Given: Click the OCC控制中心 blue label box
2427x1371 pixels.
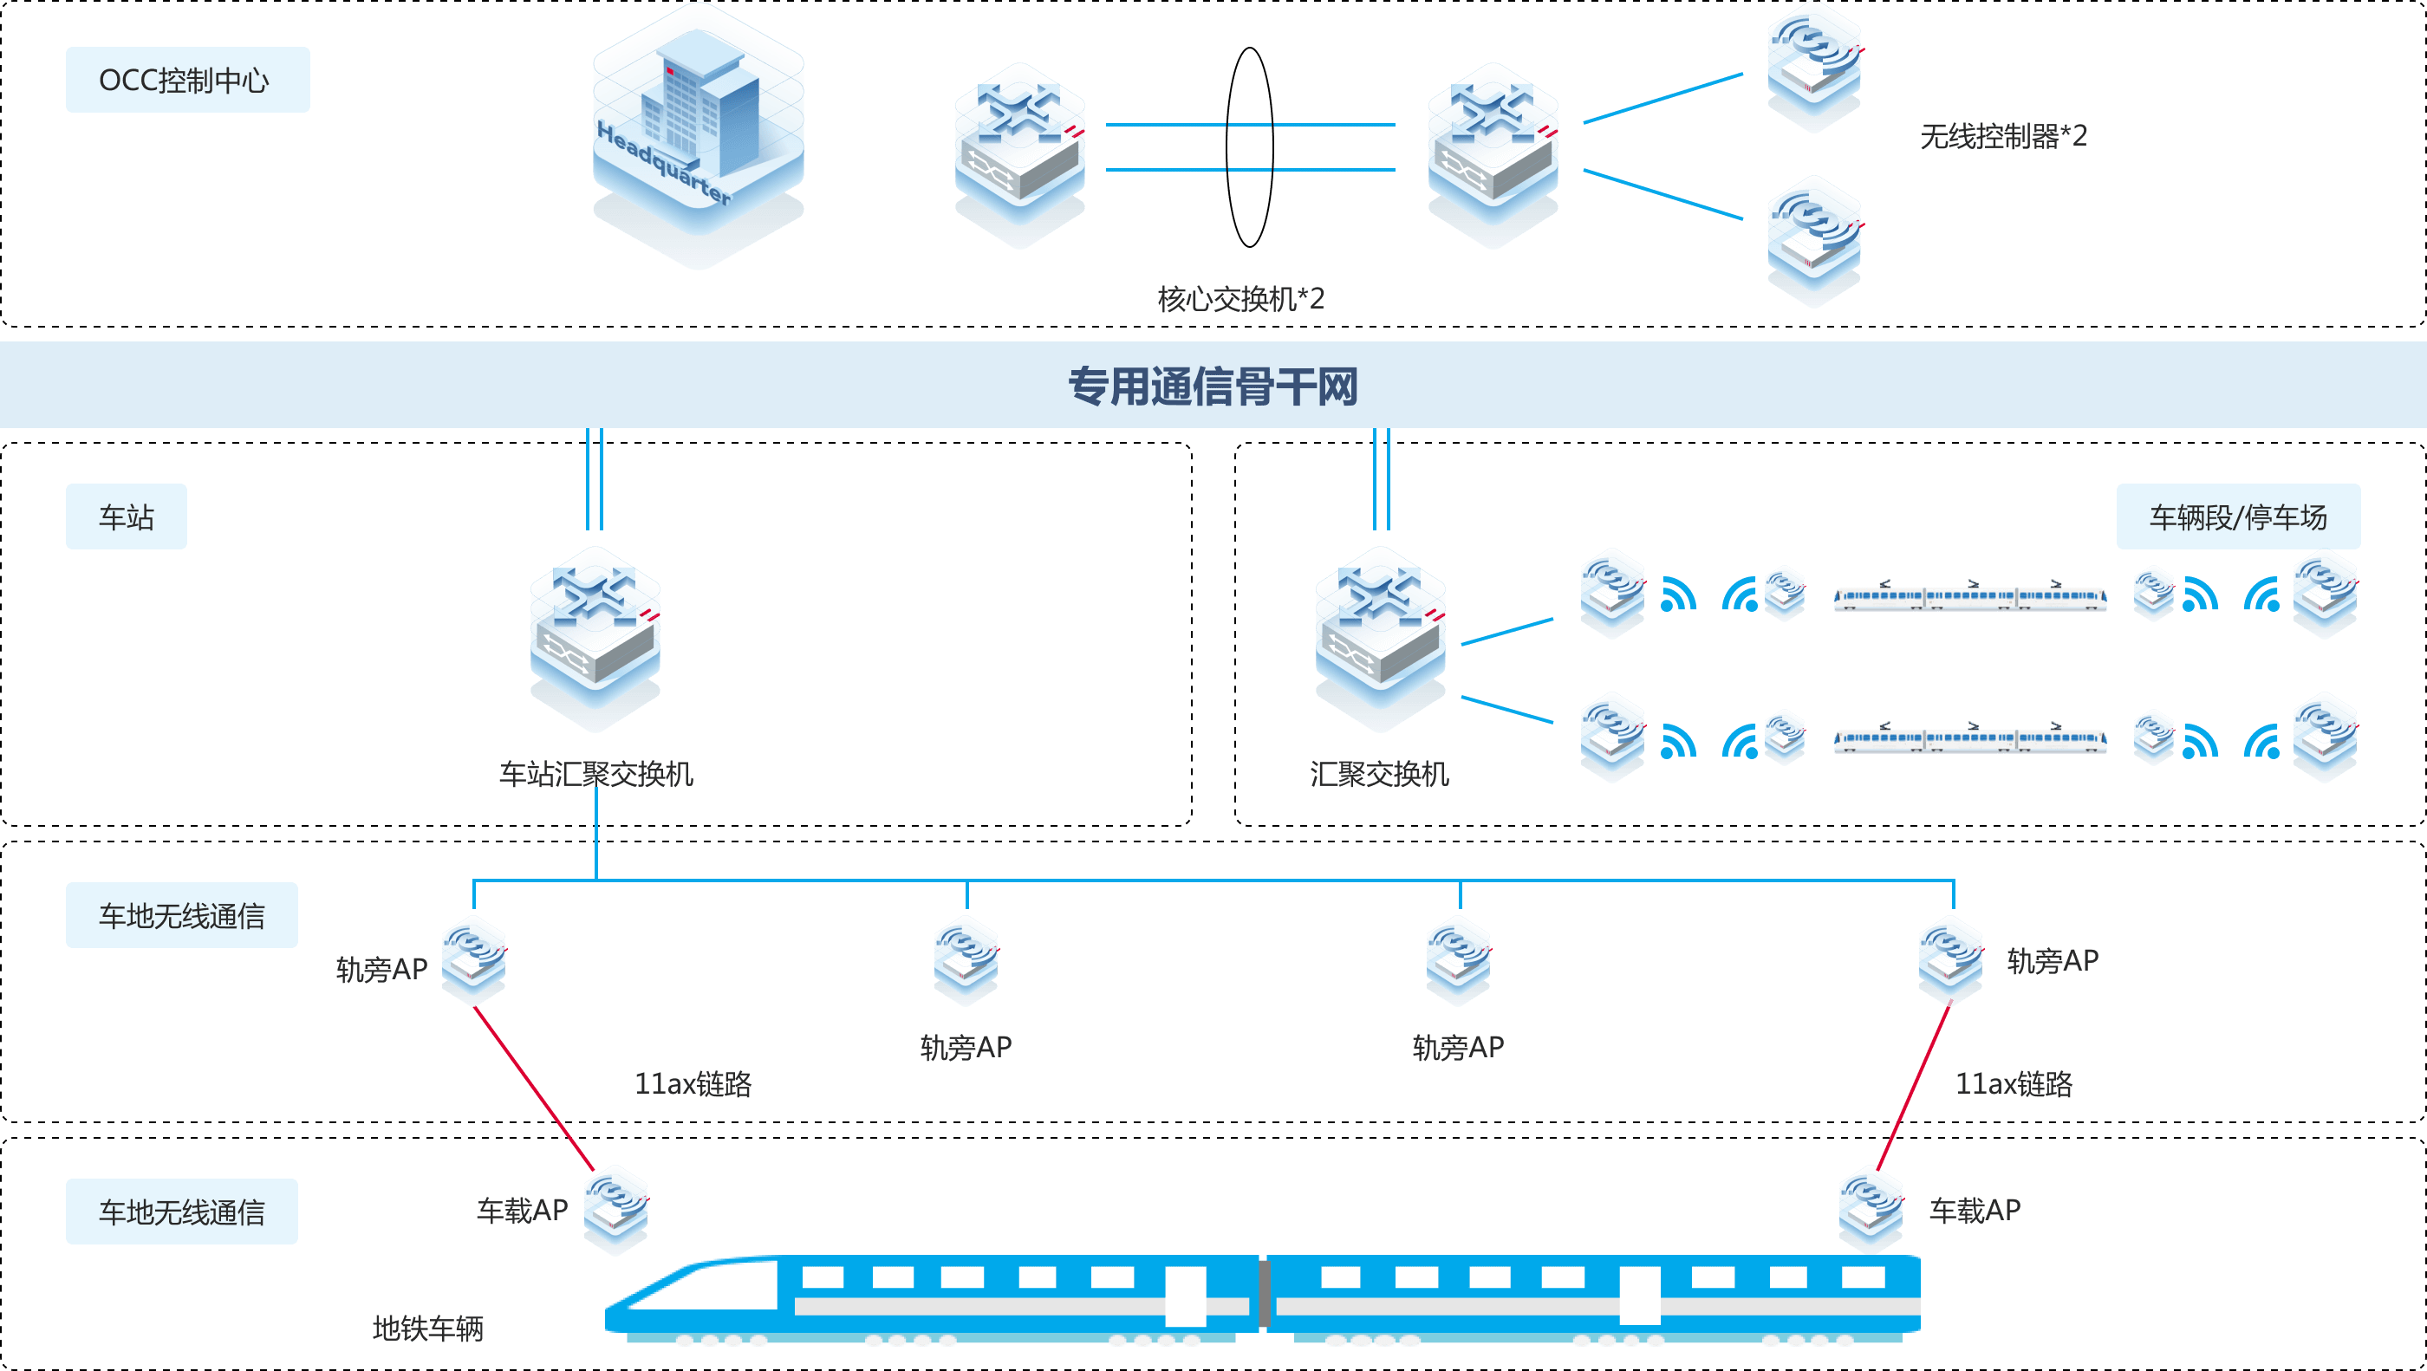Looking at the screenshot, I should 187,80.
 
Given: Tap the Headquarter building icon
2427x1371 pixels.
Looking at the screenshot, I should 698,132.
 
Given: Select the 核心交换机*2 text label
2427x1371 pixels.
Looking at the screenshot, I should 1240,300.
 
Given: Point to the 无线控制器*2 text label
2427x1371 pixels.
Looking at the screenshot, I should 2003,137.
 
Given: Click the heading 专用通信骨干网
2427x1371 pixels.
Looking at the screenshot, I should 1213,387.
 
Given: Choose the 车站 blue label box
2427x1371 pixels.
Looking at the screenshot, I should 127,517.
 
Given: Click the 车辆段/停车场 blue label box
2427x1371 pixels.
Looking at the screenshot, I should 2238,517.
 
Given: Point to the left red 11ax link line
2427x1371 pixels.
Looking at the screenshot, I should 533,1088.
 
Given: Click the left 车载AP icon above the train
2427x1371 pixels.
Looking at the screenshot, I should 615,1208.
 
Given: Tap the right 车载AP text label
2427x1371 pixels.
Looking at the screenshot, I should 1975,1210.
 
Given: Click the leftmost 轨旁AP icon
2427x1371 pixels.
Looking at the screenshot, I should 474,958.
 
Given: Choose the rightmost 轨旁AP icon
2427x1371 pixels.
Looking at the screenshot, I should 1950,958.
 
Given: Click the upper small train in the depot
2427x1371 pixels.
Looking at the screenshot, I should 1969,597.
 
